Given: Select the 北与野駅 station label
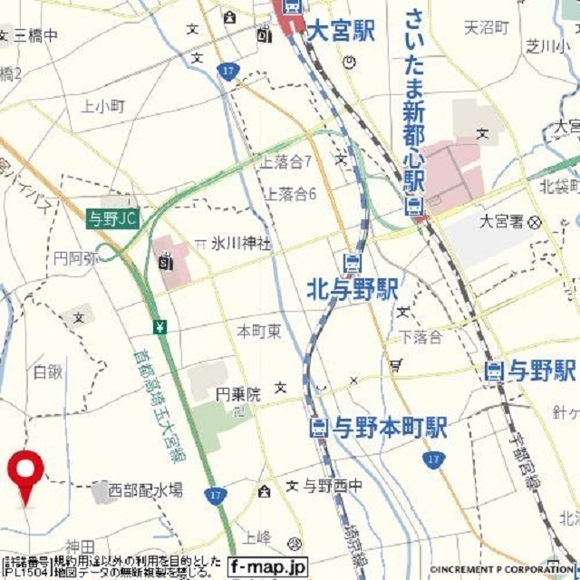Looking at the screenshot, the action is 353,289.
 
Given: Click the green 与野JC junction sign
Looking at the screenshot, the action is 114,217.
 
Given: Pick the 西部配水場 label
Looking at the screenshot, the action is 145,490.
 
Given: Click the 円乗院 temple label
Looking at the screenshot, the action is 237,394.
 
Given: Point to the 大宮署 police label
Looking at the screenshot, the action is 501,220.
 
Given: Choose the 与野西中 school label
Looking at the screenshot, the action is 332,487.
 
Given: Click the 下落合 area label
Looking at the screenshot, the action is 420,337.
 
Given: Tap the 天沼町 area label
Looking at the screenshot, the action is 488,28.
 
